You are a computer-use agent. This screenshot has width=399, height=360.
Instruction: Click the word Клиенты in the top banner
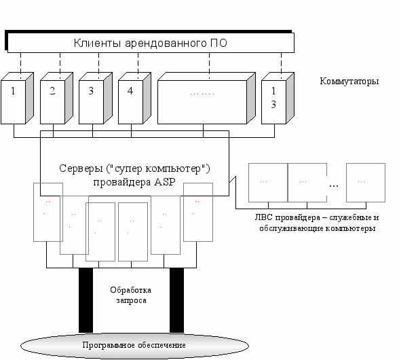pyautogui.click(x=97, y=43)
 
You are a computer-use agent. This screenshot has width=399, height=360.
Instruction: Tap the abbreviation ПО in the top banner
pyautogui.click(x=218, y=43)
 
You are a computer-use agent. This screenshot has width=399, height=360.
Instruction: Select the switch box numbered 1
pyautogui.click(x=18, y=98)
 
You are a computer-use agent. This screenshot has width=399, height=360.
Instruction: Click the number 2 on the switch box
pyautogui.click(x=52, y=91)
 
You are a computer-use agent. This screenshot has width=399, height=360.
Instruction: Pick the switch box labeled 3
pyautogui.click(x=96, y=98)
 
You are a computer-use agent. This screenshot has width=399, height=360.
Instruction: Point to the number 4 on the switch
pyautogui.click(x=130, y=91)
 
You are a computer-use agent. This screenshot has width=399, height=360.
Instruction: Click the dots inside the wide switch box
pyautogui.click(x=202, y=94)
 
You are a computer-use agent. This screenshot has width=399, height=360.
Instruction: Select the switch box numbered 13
pyautogui.click(x=278, y=98)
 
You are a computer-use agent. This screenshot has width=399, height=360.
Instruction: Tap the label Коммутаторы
pyautogui.click(x=349, y=82)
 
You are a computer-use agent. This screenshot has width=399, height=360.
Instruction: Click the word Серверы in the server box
pyautogui.click(x=81, y=168)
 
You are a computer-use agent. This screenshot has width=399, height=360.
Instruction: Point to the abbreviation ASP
pyautogui.click(x=165, y=182)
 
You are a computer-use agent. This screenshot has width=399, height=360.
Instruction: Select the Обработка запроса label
pyautogui.click(x=131, y=295)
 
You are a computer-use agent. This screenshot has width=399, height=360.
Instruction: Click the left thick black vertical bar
pyautogui.click(x=85, y=300)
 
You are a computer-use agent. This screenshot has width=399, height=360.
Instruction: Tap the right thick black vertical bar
pyautogui.click(x=176, y=300)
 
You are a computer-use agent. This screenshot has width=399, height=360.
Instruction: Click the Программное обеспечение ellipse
pyautogui.click(x=134, y=346)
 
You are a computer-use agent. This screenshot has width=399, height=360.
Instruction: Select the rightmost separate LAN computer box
pyautogui.click(x=366, y=183)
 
